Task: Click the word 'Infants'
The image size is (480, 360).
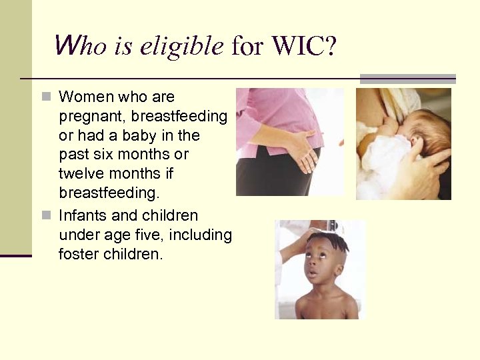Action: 82,215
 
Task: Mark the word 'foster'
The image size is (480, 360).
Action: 79,254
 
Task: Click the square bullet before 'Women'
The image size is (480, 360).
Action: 46,97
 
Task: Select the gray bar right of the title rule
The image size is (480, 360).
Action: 408,79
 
